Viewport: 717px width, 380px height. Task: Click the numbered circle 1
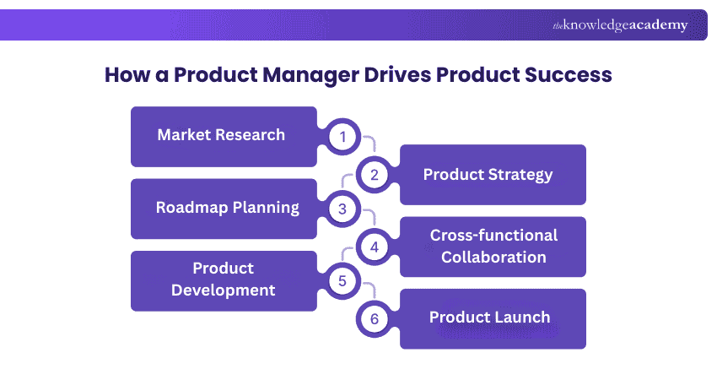[x=342, y=137]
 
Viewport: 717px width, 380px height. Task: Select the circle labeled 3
[x=342, y=209]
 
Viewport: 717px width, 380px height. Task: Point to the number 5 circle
[x=342, y=280]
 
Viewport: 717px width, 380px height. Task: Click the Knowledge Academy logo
[x=620, y=25]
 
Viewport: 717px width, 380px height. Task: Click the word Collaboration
[x=494, y=258]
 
